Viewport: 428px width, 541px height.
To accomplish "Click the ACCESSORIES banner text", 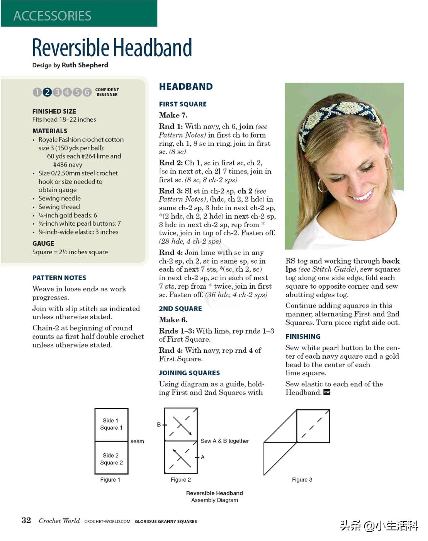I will [x=52, y=16].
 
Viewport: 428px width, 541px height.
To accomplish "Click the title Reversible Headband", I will [x=112, y=48].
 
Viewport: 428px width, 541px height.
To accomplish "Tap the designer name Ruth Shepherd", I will [x=85, y=65].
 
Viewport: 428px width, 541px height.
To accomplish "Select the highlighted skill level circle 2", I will [x=47, y=92].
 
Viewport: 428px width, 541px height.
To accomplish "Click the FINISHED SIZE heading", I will [x=54, y=111].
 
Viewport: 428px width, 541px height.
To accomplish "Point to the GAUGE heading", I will [x=43, y=243].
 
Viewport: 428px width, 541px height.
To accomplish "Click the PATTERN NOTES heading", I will [x=59, y=278].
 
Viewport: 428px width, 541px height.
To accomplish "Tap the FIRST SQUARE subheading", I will [x=183, y=104].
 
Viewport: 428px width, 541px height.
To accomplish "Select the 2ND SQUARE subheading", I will [x=180, y=309].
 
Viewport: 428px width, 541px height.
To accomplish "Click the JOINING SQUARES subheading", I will [x=189, y=373].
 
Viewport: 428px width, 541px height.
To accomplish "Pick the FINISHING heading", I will [x=303, y=337].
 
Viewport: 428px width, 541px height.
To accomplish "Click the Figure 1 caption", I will [x=110, y=480].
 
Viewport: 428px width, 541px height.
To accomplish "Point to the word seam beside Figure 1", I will [x=137, y=441].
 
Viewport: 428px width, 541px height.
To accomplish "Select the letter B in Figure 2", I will [x=159, y=425].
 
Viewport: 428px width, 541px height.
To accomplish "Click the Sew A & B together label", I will [x=224, y=441].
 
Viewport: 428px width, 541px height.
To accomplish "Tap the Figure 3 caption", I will [x=302, y=480].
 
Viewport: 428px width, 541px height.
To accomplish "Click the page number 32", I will [x=26, y=520].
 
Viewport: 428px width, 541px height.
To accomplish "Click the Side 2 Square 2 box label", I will [x=111, y=459].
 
